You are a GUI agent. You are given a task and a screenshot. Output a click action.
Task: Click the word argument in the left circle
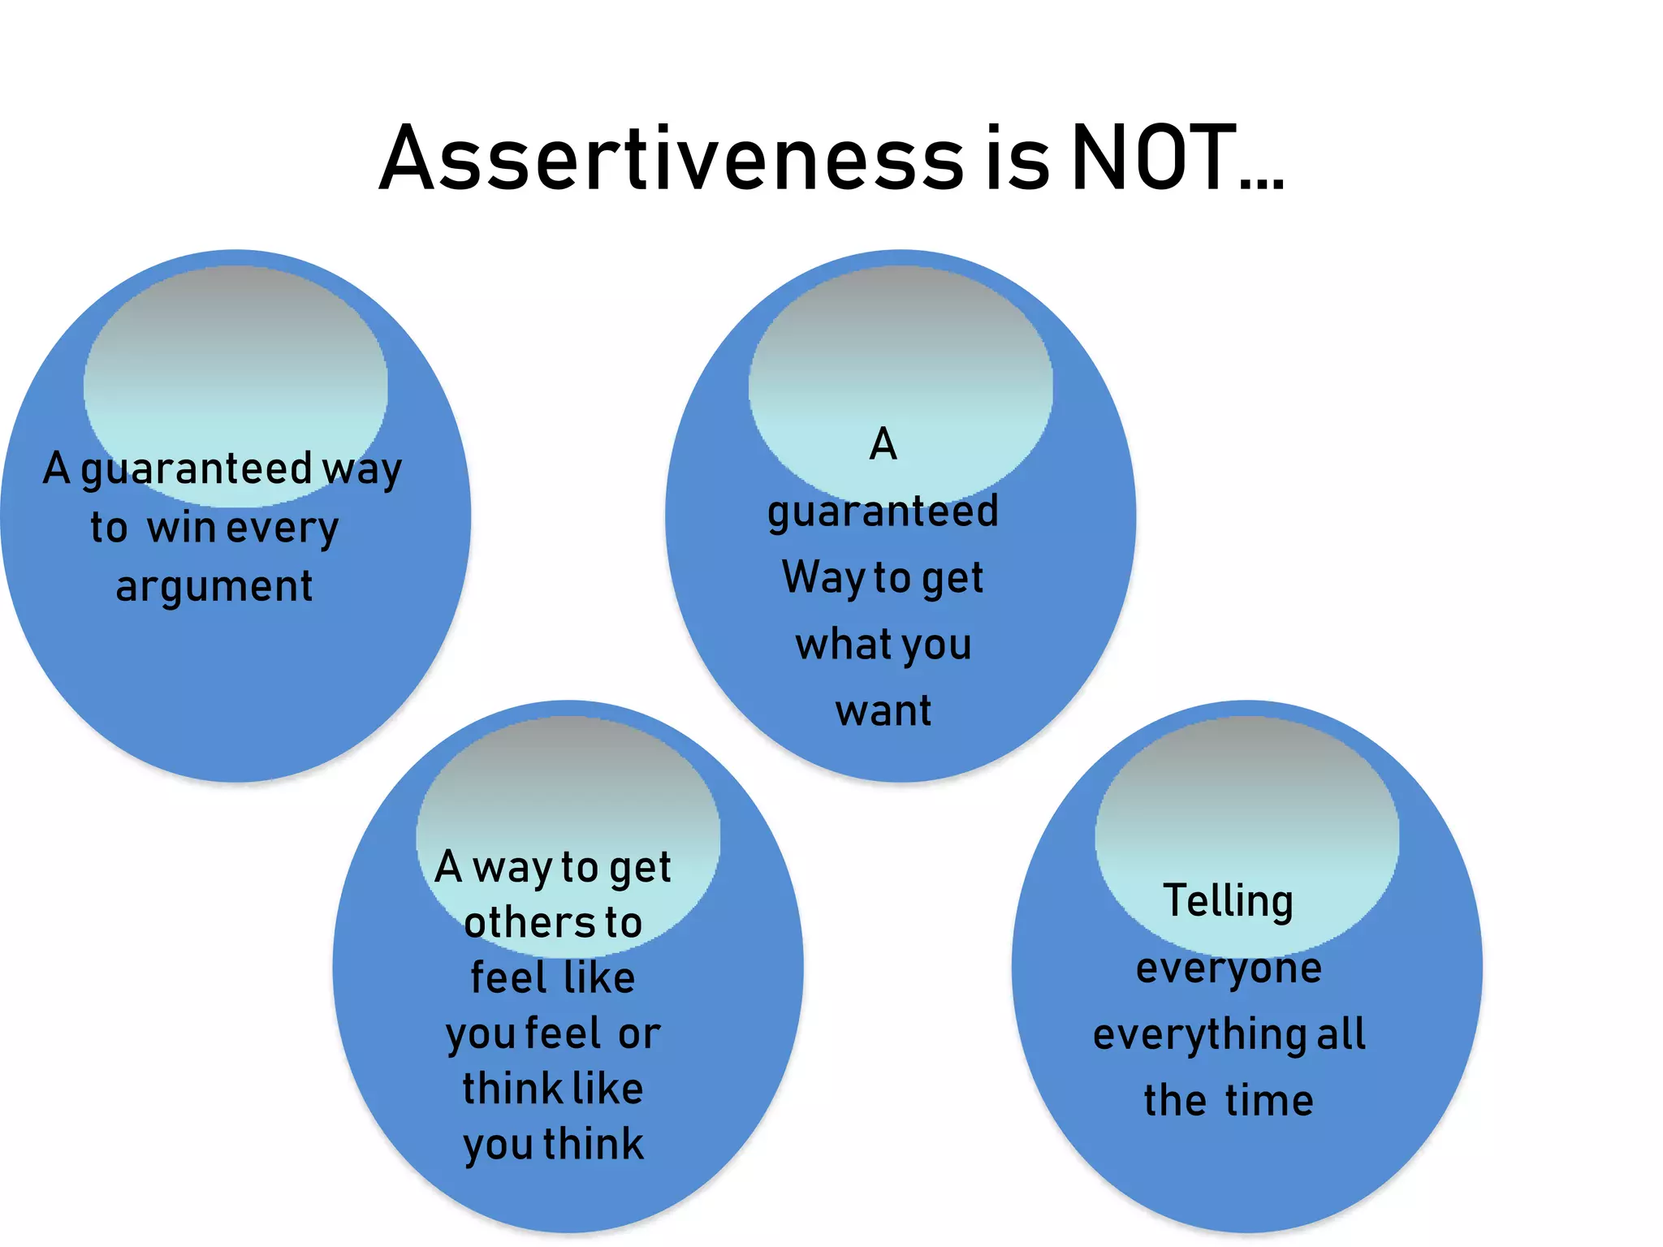214,587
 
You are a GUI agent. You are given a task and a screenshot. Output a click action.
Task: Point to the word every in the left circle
282,529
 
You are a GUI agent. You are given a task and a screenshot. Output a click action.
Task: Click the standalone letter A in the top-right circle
883,445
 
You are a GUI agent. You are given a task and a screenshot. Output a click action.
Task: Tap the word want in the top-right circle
883,711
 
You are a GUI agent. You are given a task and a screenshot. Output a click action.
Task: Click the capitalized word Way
823,578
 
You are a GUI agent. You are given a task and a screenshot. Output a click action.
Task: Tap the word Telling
1229,902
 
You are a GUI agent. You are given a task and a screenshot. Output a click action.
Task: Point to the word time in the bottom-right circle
1269,1102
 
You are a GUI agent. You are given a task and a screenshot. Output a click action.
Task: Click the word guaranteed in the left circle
196,470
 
